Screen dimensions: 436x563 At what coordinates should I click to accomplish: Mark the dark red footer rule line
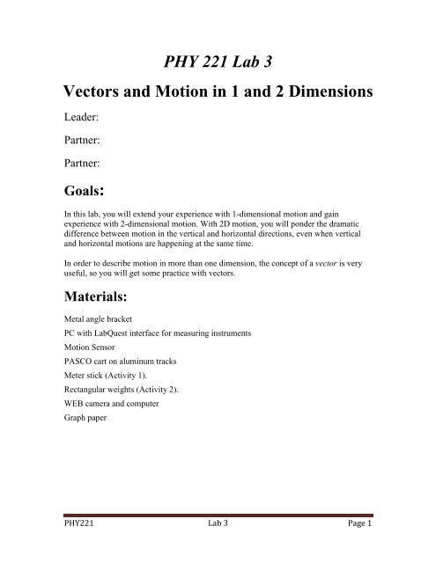tap(218, 526)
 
